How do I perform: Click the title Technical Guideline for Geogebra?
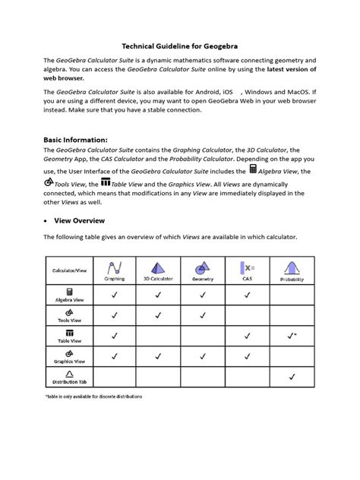179,46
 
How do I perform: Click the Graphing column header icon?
115,268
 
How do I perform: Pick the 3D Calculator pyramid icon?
159,268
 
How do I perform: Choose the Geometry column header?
203,271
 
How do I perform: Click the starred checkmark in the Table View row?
292,335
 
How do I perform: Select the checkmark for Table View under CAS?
247,335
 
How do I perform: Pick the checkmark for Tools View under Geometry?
203,315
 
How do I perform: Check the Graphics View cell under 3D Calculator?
159,355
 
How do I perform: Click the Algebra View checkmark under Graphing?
115,295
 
